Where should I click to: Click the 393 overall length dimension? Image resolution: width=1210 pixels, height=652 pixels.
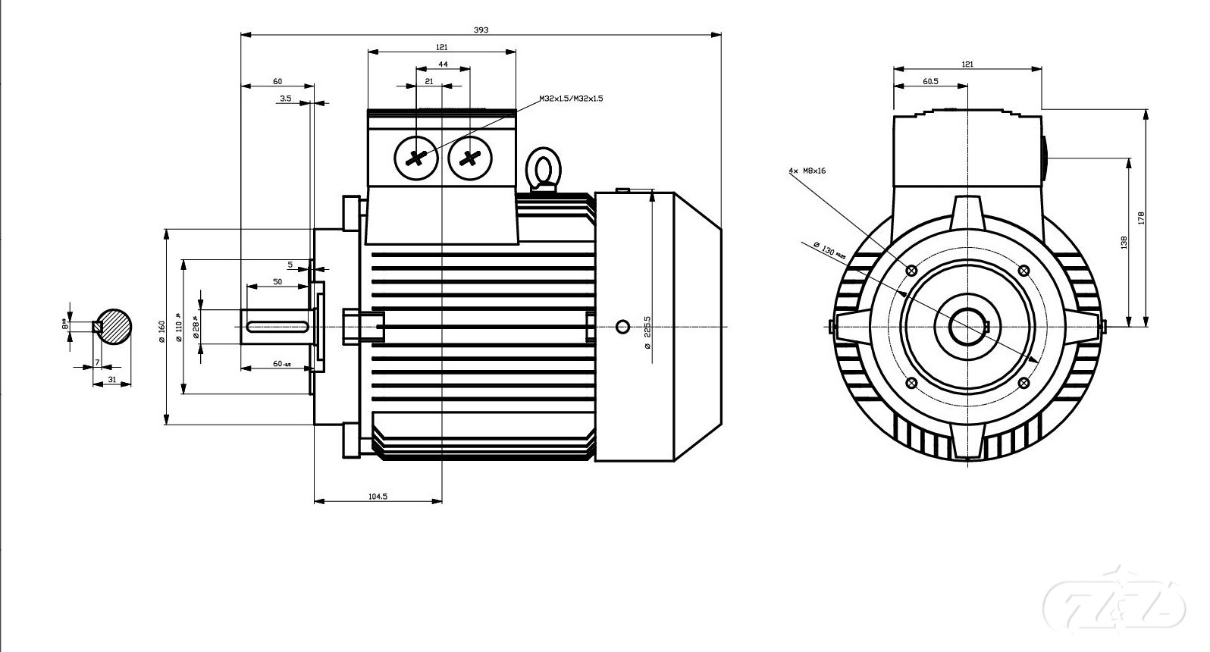click(481, 30)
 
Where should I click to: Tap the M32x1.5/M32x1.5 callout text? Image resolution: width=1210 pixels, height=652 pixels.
click(571, 99)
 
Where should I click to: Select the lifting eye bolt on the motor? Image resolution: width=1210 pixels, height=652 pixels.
click(542, 168)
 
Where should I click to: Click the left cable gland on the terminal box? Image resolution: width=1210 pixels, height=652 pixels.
click(416, 158)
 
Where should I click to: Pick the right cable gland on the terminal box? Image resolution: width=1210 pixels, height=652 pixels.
click(470, 158)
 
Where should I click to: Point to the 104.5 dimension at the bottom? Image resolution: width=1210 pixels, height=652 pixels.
click(378, 497)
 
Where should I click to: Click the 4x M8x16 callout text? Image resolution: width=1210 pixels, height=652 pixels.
click(807, 171)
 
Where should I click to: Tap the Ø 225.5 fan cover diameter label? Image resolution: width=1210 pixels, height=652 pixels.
click(647, 332)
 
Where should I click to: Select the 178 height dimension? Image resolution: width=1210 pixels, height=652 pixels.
click(1140, 218)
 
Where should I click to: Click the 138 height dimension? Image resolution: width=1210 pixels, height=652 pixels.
click(1124, 242)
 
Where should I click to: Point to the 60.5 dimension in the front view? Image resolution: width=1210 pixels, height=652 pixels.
click(930, 81)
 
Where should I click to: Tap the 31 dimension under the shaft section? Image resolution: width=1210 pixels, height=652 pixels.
click(111, 379)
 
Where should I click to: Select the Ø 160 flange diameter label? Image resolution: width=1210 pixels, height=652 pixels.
click(161, 331)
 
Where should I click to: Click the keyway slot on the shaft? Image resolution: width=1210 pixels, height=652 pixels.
click(277, 327)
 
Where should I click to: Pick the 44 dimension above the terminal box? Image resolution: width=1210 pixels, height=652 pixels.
click(443, 64)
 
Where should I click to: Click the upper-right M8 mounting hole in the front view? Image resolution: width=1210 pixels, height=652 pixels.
click(1023, 271)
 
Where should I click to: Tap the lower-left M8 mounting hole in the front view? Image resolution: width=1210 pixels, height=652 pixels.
click(912, 383)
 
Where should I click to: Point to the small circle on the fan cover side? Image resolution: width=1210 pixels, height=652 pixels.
click(622, 327)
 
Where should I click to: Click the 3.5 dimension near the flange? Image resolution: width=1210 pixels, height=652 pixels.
click(285, 99)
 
